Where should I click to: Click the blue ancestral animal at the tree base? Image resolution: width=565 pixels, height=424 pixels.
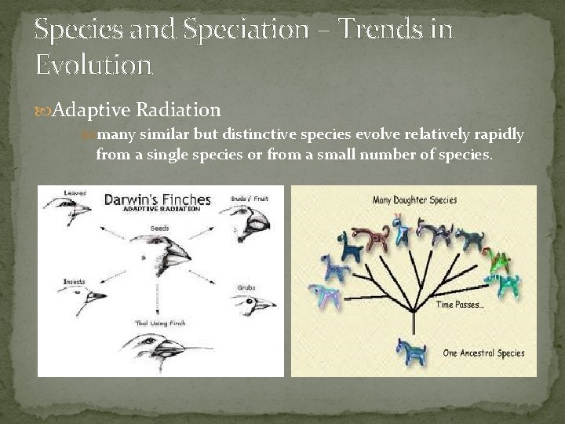point(411,350)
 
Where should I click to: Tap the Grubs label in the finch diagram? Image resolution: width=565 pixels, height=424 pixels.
point(246,287)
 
